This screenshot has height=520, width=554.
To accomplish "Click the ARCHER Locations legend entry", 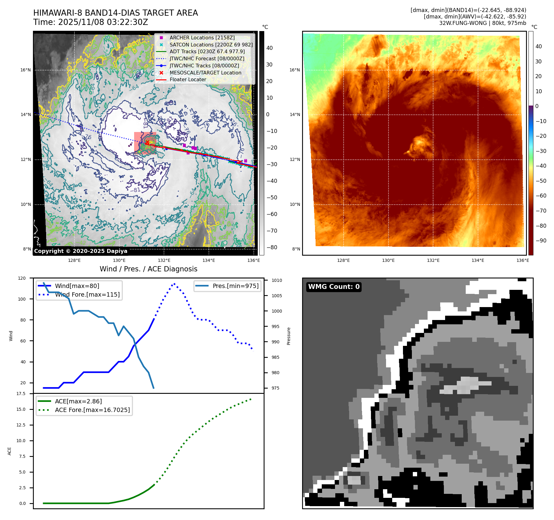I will [x=202, y=38].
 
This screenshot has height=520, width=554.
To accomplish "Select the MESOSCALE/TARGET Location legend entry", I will [x=205, y=73].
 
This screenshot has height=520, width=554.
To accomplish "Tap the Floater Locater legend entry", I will [x=188, y=79].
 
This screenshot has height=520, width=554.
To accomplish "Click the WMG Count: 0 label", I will [x=334, y=287].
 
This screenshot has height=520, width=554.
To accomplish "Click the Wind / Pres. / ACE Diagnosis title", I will [x=148, y=269].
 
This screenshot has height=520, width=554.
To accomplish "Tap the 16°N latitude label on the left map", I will [x=26, y=70].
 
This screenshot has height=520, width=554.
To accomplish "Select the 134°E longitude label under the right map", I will [x=478, y=260].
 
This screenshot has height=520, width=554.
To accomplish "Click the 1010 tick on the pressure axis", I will [x=277, y=280].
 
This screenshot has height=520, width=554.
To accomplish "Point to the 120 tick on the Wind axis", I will [x=22, y=278].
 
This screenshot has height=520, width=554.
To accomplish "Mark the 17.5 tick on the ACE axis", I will [x=21, y=394].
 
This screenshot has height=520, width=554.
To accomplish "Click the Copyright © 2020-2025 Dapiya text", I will [x=81, y=251].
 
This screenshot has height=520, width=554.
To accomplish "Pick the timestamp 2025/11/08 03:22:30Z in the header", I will [x=103, y=22].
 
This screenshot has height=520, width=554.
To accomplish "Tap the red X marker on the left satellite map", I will [x=147, y=142].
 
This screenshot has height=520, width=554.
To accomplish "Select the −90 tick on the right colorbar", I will [x=541, y=241].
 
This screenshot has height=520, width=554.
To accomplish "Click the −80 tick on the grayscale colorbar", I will [x=272, y=247].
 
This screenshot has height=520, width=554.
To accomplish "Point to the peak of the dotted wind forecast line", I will [x=174, y=284].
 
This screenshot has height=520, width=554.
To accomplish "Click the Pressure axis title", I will [x=289, y=336].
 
